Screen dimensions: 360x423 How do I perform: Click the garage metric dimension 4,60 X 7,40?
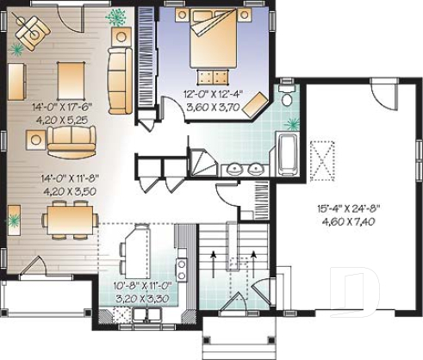tap(353, 221)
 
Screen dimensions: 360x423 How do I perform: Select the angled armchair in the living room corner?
tap(35, 31)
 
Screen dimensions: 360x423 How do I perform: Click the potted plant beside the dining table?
tap(14, 220)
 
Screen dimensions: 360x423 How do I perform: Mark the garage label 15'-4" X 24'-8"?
tap(353, 208)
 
